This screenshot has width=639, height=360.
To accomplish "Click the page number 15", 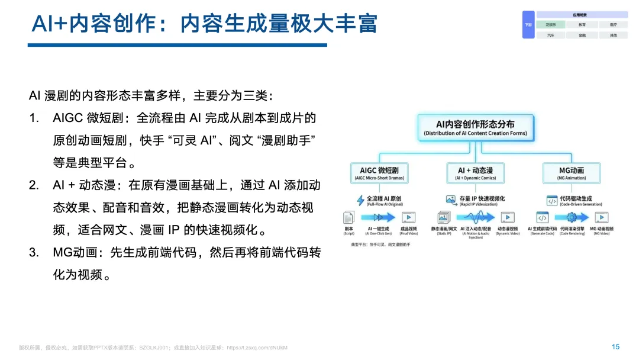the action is (x=615, y=347).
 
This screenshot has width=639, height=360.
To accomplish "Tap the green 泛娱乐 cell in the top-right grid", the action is (x=551, y=25).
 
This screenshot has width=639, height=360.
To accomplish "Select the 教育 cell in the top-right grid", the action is (x=582, y=25).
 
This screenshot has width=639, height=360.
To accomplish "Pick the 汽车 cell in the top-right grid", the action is (x=551, y=35).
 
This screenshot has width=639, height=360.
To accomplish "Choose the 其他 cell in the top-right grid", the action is (x=613, y=35).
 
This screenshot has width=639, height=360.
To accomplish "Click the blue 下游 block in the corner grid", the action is (x=528, y=25).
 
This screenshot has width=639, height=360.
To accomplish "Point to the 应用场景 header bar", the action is (x=582, y=15).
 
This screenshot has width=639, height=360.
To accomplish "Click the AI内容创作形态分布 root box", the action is (x=475, y=127).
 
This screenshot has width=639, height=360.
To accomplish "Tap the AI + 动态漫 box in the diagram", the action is (x=475, y=173).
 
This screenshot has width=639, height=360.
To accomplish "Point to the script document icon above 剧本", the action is (x=349, y=217).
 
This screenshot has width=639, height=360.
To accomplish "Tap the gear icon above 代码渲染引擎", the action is (x=572, y=217).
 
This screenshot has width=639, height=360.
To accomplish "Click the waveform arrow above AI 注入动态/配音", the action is (x=475, y=217).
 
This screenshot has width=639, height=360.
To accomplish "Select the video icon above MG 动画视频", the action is (x=601, y=217).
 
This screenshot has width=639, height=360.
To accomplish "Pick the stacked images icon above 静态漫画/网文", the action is (x=444, y=217).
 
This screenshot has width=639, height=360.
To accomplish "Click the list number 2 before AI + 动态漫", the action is (x=34, y=185).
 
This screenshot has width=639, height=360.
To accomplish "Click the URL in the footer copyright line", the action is (x=257, y=348).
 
